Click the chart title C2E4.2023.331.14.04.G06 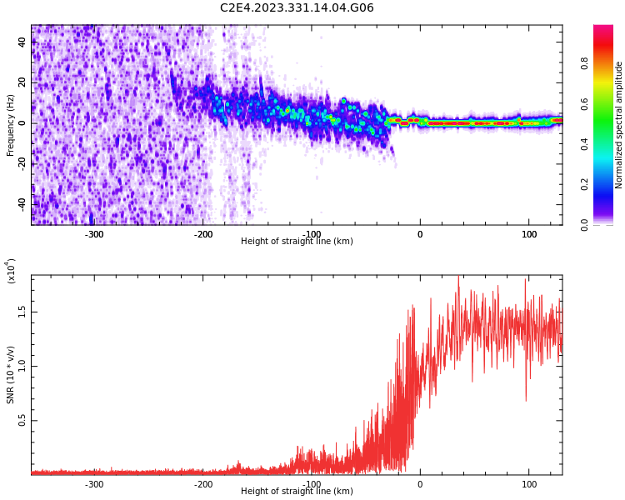297,7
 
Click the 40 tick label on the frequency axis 22,42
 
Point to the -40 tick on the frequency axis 22,204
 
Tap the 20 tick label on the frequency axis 22,82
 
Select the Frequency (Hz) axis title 10,125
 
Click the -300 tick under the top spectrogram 94,234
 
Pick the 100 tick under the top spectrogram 529,234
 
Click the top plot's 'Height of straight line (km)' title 297,241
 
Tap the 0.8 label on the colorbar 584,63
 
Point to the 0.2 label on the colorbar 584,185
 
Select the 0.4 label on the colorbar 584,144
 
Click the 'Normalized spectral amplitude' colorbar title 618,125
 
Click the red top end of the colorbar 603,27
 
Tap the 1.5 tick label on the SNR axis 22,312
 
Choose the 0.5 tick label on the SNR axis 22,420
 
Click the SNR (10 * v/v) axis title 10,375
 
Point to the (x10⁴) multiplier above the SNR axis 11,271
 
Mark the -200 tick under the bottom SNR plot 202,484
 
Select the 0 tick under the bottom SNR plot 420,484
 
